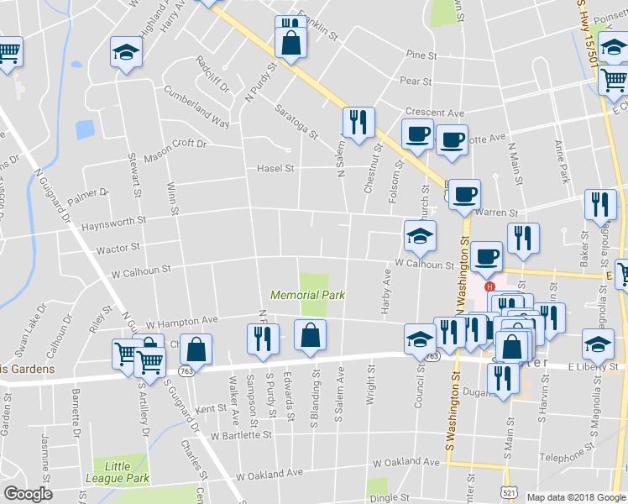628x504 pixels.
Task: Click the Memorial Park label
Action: point(296,295)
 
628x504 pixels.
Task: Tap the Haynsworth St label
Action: point(113,220)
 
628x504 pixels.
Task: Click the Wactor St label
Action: point(118,249)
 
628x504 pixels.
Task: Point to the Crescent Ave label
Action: point(434,113)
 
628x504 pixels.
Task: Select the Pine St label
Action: point(422,55)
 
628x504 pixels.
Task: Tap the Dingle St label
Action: point(392,496)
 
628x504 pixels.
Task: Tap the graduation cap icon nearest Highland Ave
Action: point(126,54)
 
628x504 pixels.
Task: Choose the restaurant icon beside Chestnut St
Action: point(358,123)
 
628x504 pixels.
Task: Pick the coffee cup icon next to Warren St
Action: point(464,195)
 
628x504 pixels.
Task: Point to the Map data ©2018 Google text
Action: point(576,496)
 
